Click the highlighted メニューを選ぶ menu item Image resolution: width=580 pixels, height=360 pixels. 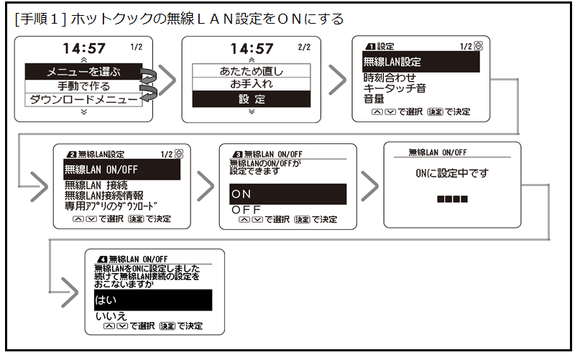[84, 72]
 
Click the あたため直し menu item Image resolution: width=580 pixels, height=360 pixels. [251, 71]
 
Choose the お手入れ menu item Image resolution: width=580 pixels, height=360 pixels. [251, 85]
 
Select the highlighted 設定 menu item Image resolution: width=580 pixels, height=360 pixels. [251, 99]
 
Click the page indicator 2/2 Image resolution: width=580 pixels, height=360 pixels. [303, 47]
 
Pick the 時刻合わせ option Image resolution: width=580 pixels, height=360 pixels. [390, 77]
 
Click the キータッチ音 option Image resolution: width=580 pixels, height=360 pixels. [394, 88]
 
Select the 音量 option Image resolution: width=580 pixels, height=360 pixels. [374, 100]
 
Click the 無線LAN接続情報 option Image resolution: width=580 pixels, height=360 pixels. [103, 195]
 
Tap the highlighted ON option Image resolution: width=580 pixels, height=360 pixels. [288, 194]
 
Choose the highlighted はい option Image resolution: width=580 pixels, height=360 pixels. [152, 299]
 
